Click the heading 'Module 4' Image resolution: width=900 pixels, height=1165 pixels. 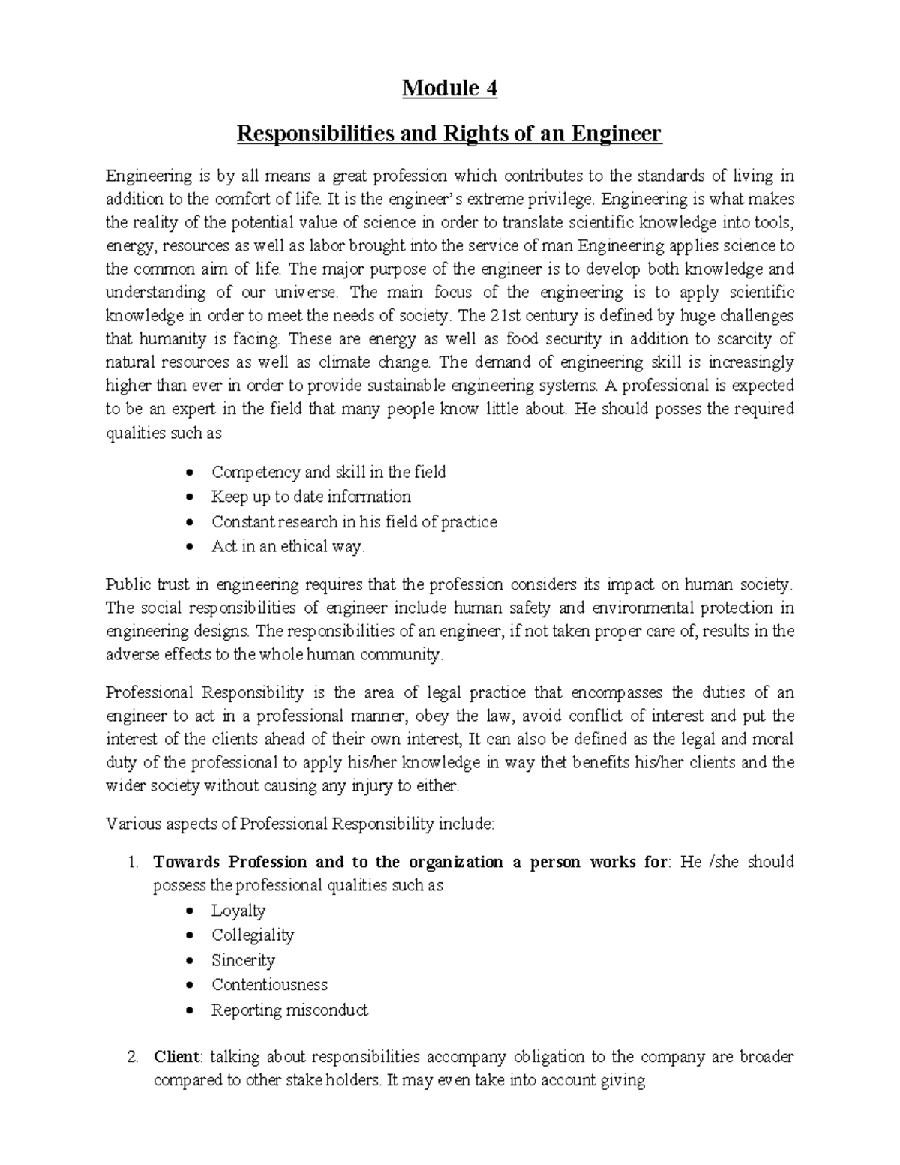pyautogui.click(x=449, y=89)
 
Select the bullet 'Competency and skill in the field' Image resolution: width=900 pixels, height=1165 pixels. pyautogui.click(x=328, y=473)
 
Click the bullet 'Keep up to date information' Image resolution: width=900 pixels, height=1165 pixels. pyautogui.click(x=310, y=497)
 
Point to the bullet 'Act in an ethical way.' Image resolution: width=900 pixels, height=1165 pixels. pyautogui.click(x=288, y=547)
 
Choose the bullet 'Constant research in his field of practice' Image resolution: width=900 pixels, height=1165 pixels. pyautogui.click(x=354, y=522)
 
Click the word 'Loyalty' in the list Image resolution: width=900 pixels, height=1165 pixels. pyautogui.click(x=238, y=911)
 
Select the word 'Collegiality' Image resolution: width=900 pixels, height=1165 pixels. pyautogui.click(x=253, y=935)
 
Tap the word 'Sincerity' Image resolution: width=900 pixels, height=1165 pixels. pyautogui.click(x=243, y=960)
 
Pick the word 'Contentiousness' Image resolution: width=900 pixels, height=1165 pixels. pyautogui.click(x=269, y=985)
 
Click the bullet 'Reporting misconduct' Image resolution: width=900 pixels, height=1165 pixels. pyautogui.click(x=289, y=1010)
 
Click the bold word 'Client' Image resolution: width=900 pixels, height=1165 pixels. pyautogui.click(x=176, y=1058)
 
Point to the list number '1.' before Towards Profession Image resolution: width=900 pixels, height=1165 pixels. pyautogui.click(x=133, y=863)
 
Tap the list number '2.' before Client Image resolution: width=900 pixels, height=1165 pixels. pyautogui.click(x=133, y=1058)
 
